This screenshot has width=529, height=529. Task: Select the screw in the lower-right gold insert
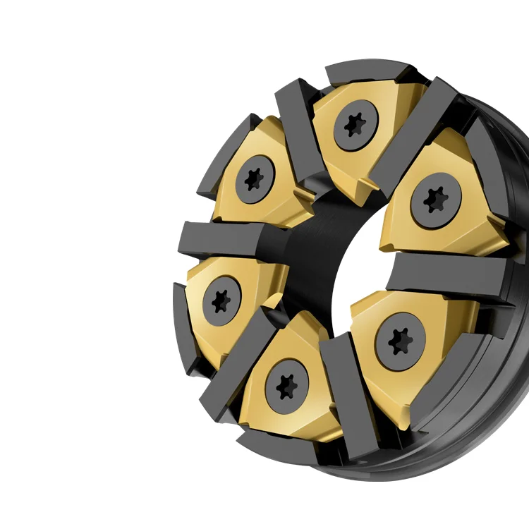[x=401, y=341]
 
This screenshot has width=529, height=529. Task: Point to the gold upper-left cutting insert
[x=233, y=205]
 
